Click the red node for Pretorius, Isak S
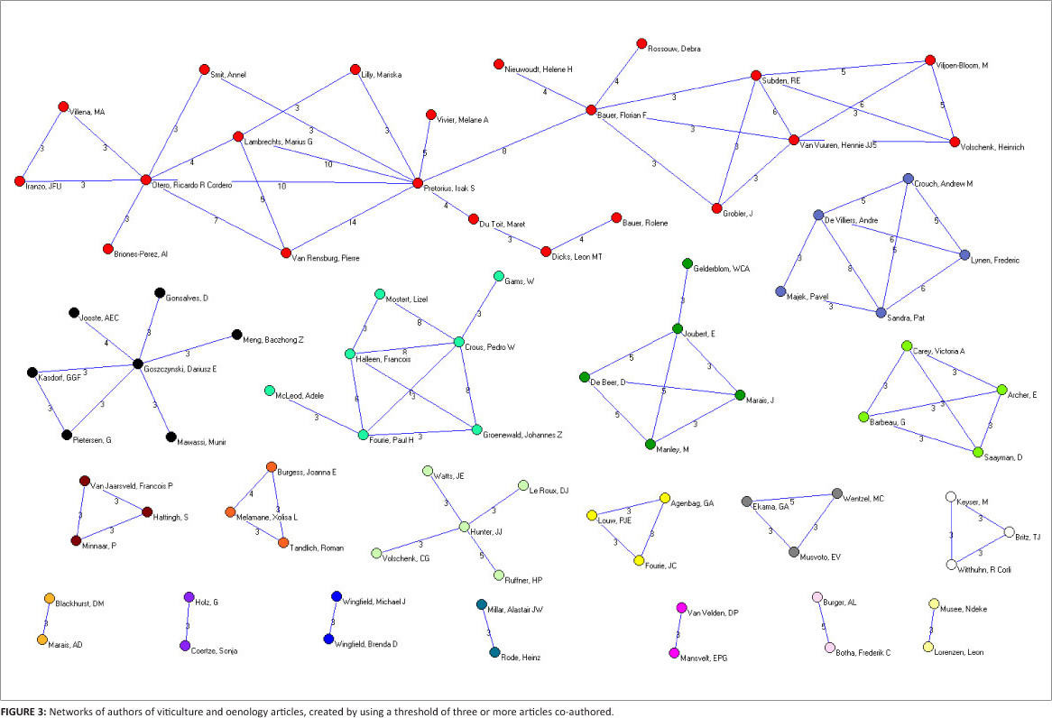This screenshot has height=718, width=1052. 418,183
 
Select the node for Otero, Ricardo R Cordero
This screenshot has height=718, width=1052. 145,180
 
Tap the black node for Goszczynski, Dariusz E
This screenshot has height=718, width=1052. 138,364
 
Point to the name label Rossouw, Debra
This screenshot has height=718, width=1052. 674,49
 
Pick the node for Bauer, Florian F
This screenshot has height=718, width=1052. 591,110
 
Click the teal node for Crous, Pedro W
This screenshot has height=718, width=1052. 459,343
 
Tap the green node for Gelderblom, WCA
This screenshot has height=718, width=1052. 687,264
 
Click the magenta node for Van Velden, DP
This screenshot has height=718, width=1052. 681,608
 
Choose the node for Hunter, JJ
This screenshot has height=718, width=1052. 465,527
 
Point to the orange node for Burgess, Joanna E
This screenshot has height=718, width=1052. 272,467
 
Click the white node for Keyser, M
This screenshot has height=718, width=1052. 950,496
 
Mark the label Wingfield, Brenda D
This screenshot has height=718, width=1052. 368,643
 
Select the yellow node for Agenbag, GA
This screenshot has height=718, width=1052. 665,498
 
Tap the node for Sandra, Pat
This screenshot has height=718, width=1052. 881,312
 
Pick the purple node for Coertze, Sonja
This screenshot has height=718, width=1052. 185,646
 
